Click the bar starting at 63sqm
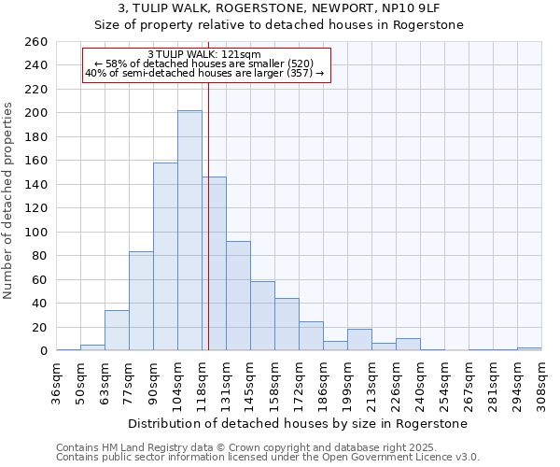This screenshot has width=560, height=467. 117,331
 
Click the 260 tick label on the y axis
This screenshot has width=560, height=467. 35,42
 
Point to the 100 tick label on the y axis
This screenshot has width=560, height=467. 35,232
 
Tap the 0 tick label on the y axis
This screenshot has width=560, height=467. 43,351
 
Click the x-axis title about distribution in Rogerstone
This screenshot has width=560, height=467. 299,423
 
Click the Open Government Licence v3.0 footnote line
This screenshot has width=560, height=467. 267,458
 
